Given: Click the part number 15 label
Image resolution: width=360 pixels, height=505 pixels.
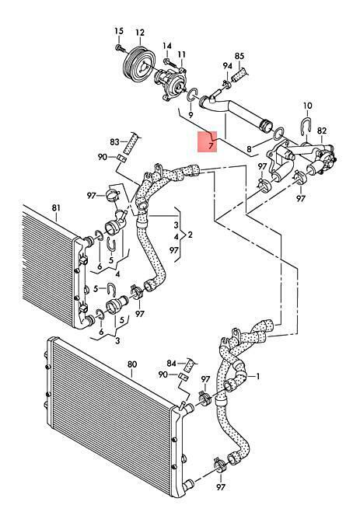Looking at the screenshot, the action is (119, 31).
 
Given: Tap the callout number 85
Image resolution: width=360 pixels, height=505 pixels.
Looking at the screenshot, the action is (239, 56).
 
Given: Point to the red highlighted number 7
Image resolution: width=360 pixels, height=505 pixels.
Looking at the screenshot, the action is (211, 146).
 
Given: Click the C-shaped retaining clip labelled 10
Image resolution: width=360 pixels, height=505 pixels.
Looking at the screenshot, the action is (307, 126).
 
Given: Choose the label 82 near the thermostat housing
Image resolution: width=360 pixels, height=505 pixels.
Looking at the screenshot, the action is (322, 131).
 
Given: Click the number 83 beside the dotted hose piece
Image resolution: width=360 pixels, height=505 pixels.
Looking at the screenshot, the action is (114, 141).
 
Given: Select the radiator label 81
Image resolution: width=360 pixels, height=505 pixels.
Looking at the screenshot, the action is (56, 207).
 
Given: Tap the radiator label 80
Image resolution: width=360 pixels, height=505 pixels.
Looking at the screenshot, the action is (132, 364).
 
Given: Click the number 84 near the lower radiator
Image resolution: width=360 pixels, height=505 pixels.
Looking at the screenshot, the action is (171, 364).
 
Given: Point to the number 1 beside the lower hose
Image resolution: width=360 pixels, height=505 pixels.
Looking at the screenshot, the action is (258, 376).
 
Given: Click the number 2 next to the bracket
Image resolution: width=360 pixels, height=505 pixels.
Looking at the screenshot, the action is (190, 235).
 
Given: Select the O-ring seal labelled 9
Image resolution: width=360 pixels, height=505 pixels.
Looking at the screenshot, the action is (192, 95).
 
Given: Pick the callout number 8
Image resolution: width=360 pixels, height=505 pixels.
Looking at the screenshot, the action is (249, 149).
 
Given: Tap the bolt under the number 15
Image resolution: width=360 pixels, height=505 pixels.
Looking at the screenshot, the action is (119, 47).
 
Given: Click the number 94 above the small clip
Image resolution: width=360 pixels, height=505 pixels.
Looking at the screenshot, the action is (228, 66).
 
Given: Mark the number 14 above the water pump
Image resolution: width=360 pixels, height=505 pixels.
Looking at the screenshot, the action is (167, 46).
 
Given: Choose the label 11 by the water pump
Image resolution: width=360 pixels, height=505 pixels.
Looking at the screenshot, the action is (182, 54).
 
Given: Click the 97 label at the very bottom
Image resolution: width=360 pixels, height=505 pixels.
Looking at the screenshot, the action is (221, 487).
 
